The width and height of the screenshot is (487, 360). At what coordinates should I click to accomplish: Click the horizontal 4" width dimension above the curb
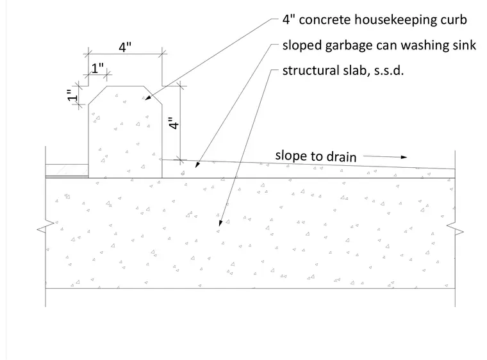125,47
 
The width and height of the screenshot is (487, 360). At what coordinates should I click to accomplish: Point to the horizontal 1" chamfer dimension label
97,68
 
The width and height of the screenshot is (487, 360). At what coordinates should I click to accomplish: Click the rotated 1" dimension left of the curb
72,95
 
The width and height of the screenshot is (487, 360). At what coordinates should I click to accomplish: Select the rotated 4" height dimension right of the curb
174,123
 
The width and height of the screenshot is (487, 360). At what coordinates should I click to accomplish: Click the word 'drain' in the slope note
342,156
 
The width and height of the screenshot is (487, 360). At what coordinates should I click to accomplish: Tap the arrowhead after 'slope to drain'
404,157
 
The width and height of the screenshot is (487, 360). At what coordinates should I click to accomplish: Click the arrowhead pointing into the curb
148,98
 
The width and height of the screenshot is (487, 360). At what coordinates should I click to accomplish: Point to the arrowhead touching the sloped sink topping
197,165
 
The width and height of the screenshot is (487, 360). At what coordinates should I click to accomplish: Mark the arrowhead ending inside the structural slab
220,223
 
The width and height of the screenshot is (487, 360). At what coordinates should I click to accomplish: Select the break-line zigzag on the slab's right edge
455,229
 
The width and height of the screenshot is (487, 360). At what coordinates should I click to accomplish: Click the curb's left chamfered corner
97,95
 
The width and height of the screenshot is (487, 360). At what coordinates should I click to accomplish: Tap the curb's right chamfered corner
153,95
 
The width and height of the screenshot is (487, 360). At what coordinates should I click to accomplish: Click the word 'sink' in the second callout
464,45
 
